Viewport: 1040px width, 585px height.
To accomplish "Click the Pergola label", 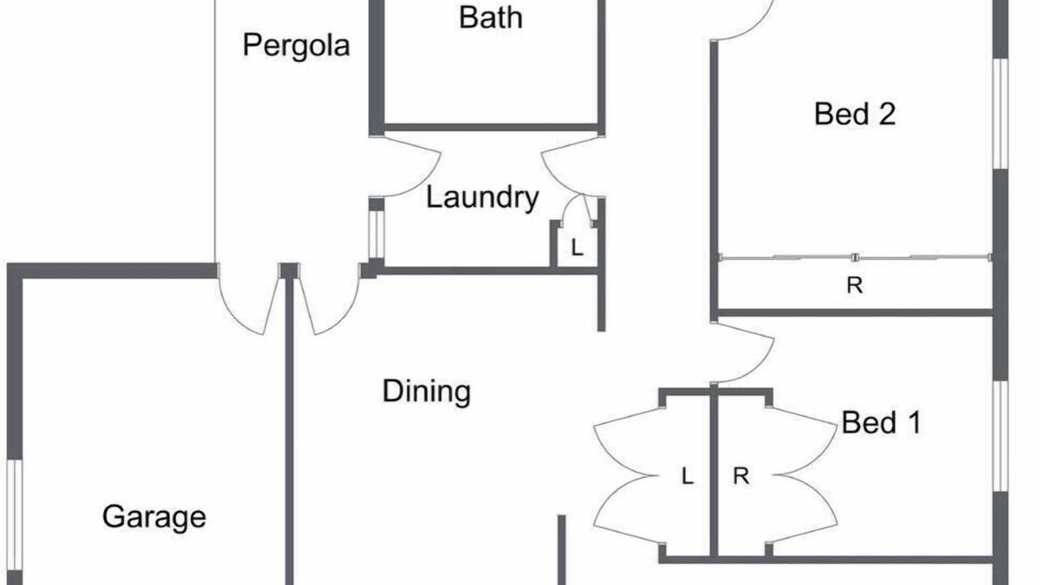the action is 297,45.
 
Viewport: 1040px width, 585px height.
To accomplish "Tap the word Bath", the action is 491,18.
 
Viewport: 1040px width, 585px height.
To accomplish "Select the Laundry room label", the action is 482,197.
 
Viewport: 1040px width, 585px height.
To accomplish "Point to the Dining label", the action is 427,392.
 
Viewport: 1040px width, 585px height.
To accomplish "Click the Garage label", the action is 154,518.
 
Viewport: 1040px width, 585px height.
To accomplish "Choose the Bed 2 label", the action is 855,115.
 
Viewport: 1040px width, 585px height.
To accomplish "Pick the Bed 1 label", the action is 882,422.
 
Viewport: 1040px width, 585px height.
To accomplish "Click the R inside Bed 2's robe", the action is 855,285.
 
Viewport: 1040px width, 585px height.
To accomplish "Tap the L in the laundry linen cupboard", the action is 577,248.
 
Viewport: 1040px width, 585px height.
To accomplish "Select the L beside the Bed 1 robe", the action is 687,476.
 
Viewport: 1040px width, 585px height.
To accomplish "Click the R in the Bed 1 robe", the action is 741,476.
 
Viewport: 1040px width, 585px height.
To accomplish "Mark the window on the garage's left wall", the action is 15,515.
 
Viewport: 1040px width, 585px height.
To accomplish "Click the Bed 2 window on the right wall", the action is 1000,114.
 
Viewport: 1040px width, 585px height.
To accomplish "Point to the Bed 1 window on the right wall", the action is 1000,436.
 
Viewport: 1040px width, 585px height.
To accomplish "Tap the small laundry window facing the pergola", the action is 376,235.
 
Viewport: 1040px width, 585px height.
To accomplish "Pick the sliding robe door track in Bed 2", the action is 855,258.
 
